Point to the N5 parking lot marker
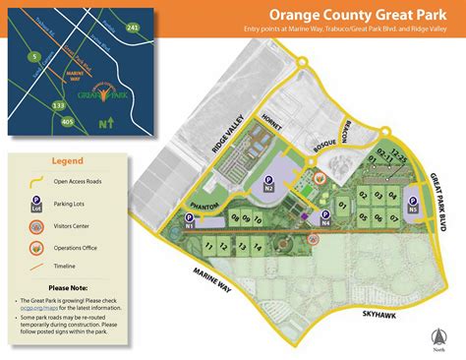(x=413, y=206)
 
